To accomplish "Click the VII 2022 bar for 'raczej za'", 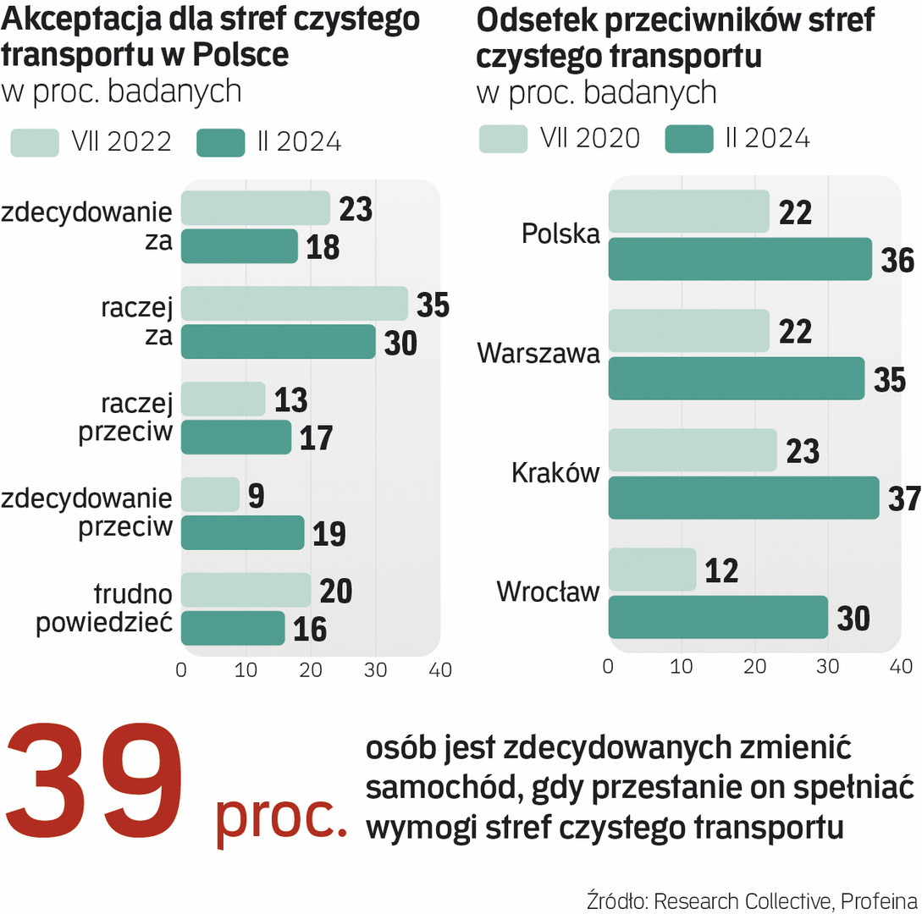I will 294,304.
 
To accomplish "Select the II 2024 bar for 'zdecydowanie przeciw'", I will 242,532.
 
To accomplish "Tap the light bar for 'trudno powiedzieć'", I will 246,590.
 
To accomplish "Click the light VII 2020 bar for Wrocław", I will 652,570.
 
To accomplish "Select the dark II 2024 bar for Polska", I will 740,259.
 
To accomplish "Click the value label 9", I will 256,496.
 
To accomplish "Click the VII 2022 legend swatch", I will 35,143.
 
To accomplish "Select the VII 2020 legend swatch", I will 504,139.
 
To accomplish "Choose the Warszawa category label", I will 538,353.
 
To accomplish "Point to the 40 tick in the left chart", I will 440,670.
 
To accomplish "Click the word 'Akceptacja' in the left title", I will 71,19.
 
